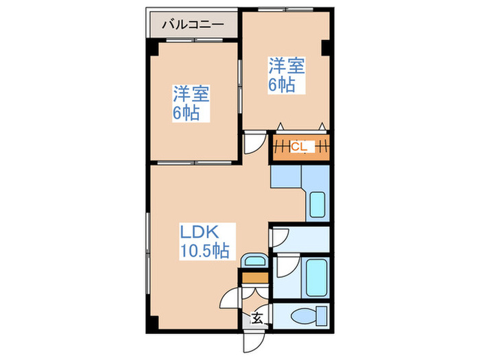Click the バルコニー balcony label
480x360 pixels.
click(x=193, y=25)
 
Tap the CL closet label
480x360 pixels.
click(x=299, y=146)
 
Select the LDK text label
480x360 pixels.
click(x=199, y=231)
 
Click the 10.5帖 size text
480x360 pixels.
click(x=204, y=250)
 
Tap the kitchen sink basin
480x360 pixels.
click(x=317, y=205)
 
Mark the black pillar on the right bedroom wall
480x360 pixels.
click(x=327, y=49)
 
